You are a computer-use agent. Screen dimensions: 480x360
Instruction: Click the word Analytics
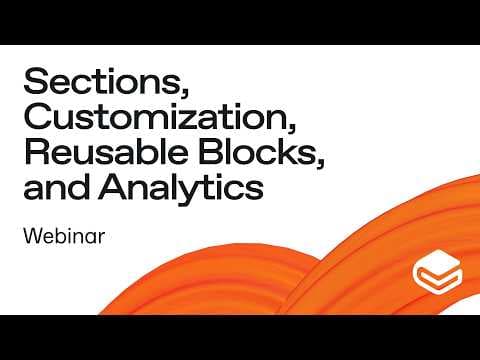181,188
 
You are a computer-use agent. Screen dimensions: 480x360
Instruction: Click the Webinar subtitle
64,236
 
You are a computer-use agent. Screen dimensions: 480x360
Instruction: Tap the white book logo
437,272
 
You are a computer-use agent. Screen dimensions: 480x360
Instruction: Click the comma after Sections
185,92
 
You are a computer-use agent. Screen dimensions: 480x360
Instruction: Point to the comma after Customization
292,127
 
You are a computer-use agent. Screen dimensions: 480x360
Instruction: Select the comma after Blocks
320,163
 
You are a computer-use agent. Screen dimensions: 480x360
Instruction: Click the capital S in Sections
36,81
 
